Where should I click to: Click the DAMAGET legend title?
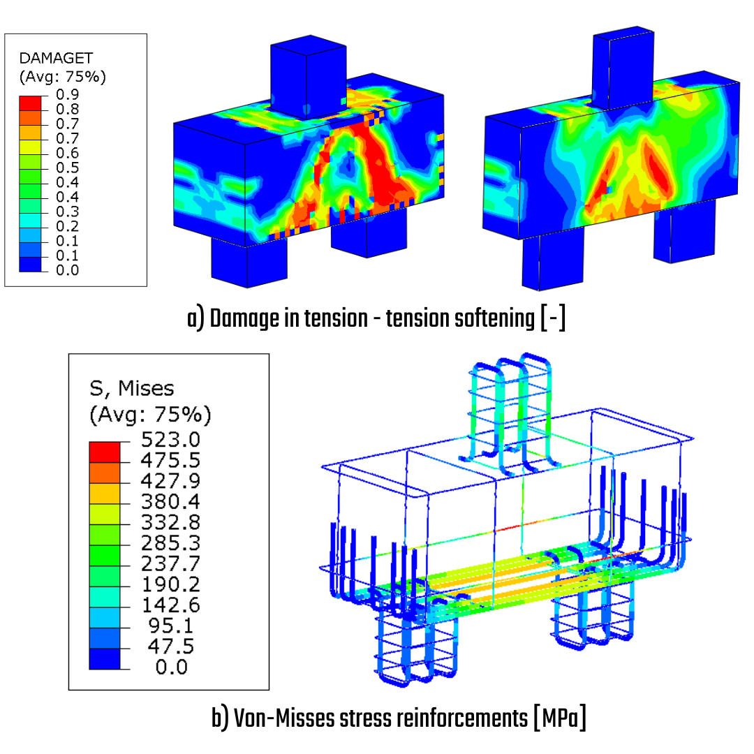tap(56, 58)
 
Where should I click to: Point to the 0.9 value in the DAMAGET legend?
tap(67, 94)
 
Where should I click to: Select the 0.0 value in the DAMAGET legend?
tap(67, 270)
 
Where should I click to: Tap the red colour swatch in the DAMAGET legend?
tap(30, 103)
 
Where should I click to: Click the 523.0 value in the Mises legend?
tap(170, 440)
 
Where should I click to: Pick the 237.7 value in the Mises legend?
tap(170, 563)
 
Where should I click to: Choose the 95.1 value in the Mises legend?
tap(171, 626)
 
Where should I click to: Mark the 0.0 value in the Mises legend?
tap(172, 667)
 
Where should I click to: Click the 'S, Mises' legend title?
tap(132, 389)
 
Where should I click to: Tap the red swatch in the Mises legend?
tap(104, 452)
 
